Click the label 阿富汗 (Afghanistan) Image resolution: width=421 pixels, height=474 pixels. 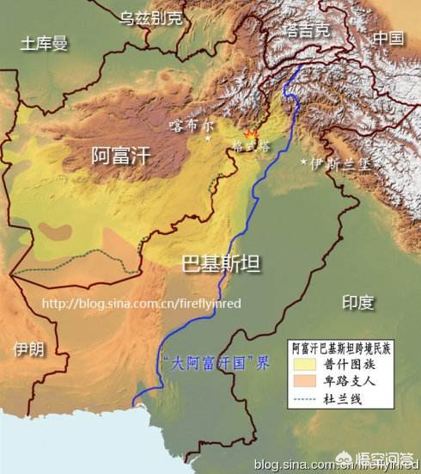pyautogui.click(x=120, y=156)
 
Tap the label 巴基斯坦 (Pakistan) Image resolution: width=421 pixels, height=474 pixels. pyautogui.click(x=221, y=263)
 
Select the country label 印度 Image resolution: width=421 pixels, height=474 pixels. pyautogui.click(x=357, y=302)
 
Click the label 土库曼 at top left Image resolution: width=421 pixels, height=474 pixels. pyautogui.click(x=45, y=43)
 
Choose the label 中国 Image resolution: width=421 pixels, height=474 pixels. pyautogui.click(x=387, y=39)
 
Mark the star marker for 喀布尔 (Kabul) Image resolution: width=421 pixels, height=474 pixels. pyautogui.click(x=207, y=138)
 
